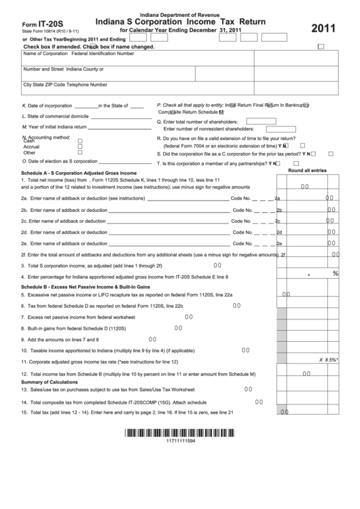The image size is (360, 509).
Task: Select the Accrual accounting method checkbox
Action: tap(80, 146)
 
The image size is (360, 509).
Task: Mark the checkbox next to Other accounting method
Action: tap(80, 152)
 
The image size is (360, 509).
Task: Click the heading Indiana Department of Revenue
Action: tap(179, 14)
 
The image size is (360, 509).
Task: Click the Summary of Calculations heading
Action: tap(52, 382)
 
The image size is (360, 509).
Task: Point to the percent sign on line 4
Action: tap(335, 273)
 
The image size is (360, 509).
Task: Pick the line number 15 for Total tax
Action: tap(24, 413)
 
